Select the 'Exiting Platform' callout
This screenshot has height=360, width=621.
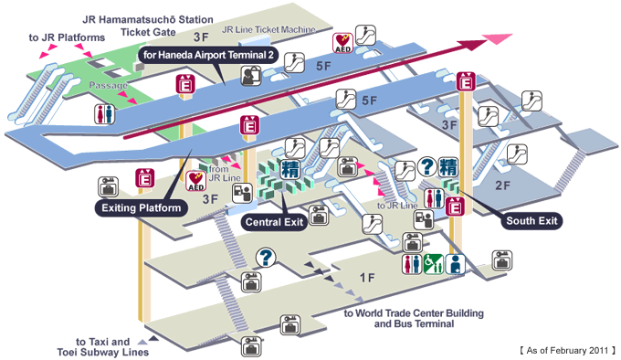pos(140,208)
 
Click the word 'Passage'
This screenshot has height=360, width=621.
pos(107,85)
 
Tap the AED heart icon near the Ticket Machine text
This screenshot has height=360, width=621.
pos(343,41)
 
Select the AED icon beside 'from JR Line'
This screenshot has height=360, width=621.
pos(195,180)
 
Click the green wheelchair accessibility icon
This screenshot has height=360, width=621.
pos(433,264)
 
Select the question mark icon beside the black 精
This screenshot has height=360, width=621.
pos(427,168)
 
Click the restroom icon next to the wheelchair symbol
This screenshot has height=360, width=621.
pos(411,264)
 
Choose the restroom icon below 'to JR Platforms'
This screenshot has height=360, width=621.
pos(104,113)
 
